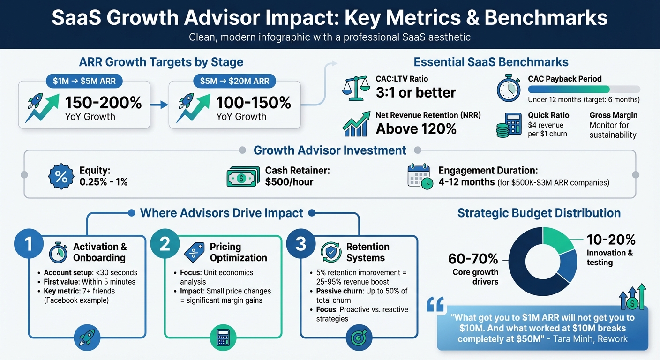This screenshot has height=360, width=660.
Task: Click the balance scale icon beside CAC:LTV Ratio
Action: tap(356, 89)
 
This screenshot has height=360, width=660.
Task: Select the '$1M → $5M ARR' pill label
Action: tap(84, 81)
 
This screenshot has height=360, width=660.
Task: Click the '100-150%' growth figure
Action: tap(253, 103)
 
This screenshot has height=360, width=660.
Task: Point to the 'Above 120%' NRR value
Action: tap(416, 128)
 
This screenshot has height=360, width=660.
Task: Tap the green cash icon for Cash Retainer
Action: tap(242, 177)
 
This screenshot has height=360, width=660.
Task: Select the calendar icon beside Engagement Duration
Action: tap(420, 176)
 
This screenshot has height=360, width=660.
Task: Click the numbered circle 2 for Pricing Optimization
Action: tap(165, 244)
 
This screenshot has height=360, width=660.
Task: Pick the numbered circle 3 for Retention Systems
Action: tap(300, 244)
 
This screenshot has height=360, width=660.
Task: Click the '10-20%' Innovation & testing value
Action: tap(611, 240)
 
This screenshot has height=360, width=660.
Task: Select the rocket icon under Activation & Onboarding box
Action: tap(87, 336)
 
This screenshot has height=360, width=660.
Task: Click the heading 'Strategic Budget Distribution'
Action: tap(539, 213)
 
